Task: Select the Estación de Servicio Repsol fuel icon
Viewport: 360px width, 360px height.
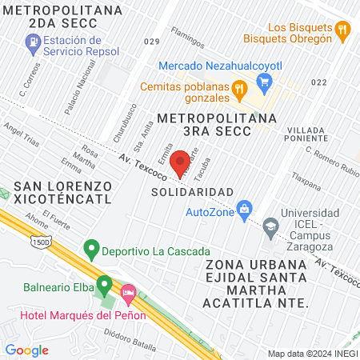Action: pos(33,47)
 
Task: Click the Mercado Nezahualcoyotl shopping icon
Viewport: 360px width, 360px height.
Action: pos(266,81)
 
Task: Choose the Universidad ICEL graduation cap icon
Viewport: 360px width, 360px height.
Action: pos(271,227)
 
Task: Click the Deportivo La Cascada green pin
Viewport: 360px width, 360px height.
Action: pos(92,250)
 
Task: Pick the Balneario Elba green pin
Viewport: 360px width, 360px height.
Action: pos(104,284)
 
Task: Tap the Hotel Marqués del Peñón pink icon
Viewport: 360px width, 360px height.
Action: pos(127,294)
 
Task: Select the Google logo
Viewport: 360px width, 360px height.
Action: pos(26,350)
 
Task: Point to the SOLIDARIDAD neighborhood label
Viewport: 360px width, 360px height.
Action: pos(192,192)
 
